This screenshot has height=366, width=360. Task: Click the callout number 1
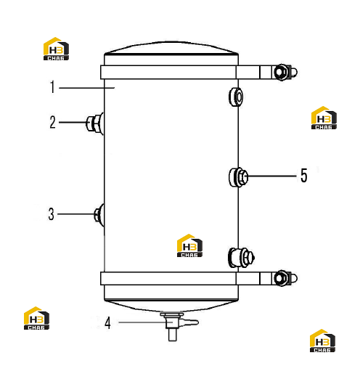(x=52, y=87)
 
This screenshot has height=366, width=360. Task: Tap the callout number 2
(x=52, y=122)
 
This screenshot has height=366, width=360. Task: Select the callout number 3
(x=51, y=214)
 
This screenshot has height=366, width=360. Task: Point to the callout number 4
(x=107, y=322)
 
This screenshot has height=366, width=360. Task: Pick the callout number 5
(x=304, y=175)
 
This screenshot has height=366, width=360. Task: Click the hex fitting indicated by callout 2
(x=95, y=123)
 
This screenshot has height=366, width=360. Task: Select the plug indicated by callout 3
(x=99, y=215)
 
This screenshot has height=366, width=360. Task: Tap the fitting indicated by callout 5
(x=239, y=177)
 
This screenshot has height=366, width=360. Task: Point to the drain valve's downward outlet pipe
(x=172, y=335)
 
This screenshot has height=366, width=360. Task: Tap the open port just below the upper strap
(x=236, y=97)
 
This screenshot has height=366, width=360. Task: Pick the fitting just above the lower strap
(x=241, y=257)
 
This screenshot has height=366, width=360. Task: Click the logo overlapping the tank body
(x=189, y=245)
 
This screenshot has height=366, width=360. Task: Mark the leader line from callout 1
(x=86, y=88)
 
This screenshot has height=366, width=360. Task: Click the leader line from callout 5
(x=272, y=176)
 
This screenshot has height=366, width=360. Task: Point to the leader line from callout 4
(x=145, y=322)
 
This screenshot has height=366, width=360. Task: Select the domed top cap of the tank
(x=171, y=47)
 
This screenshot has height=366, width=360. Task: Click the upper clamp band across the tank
(x=168, y=72)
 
